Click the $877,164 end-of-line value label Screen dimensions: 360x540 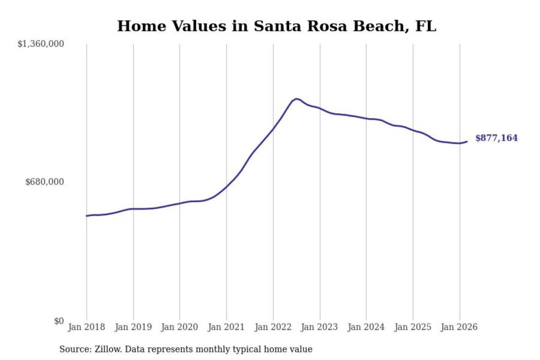496,138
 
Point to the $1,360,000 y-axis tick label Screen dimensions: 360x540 40,44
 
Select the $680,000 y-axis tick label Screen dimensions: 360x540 44,182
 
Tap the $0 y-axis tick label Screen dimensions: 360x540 58,321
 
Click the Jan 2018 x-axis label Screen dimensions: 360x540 86,327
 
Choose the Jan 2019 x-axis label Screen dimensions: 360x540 133,327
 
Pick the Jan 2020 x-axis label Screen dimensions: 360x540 179,327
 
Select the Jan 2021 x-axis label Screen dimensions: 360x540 226,327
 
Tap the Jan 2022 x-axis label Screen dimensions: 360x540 273,327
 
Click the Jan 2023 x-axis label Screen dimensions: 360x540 319,327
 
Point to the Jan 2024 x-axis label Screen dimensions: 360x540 366,327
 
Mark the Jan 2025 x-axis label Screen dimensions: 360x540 413,327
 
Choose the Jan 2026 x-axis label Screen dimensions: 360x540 459,327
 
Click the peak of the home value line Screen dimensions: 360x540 296,99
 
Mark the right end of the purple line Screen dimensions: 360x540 467,141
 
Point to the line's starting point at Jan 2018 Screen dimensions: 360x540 87,216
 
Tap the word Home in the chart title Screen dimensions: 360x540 141,26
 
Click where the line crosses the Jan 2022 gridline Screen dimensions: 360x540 273,129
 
